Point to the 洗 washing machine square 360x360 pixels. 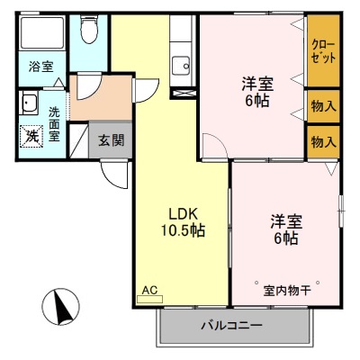coord(31,135)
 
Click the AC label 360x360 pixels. coord(148,291)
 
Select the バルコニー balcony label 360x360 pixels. coord(231,325)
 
